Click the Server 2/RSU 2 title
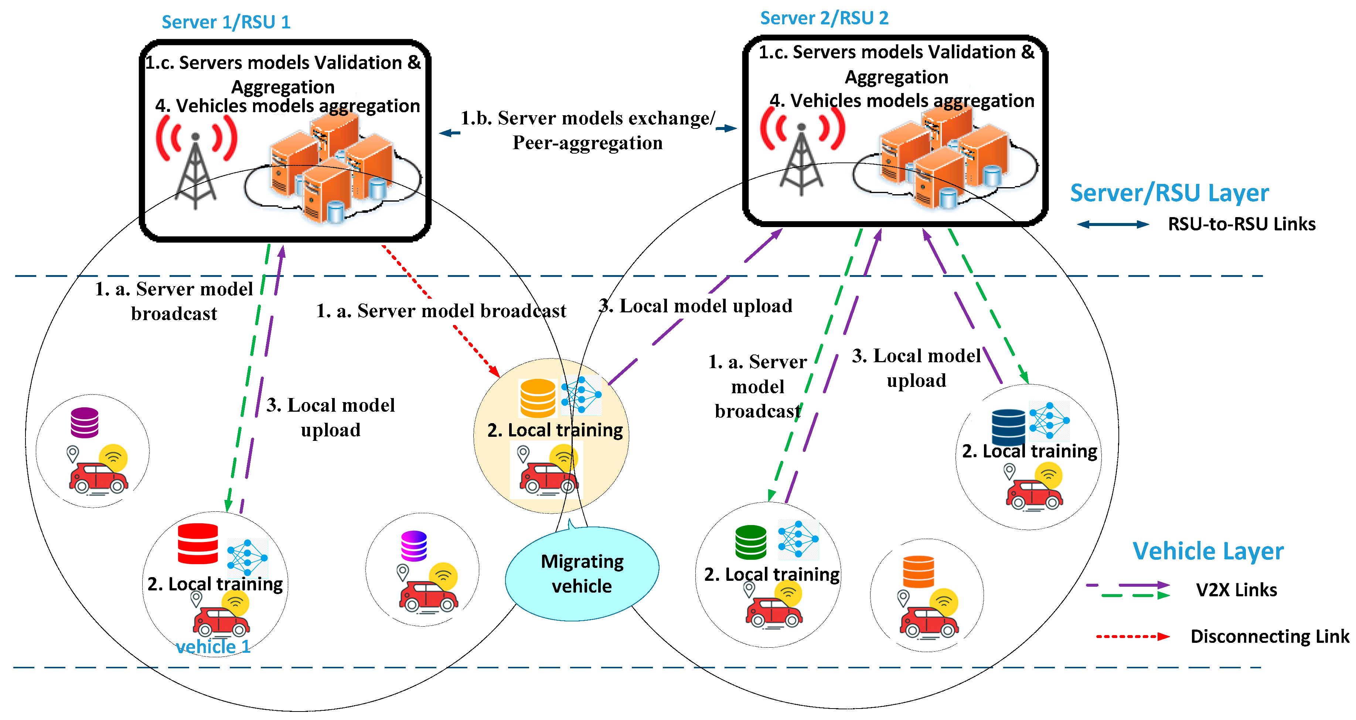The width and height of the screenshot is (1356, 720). (824, 18)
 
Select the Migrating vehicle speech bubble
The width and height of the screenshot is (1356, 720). (582, 574)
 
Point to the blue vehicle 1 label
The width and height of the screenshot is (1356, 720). (213, 647)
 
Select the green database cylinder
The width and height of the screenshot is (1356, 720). (751, 542)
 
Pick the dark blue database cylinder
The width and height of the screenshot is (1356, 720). (1008, 427)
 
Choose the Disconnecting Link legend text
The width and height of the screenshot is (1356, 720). (1269, 637)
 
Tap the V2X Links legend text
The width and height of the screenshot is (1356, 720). (1236, 590)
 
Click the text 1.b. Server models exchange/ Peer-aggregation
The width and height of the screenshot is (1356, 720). (587, 130)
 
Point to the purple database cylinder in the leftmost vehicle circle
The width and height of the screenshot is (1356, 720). (85, 422)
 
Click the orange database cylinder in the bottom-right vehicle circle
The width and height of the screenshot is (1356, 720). (919, 571)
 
